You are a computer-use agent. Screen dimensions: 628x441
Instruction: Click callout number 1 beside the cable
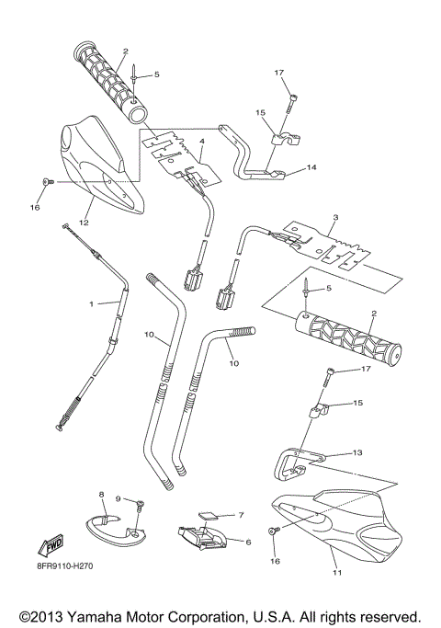[x=92, y=303]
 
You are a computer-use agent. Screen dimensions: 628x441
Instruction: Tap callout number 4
[x=201, y=143]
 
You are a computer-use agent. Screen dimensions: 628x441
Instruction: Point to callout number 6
[x=247, y=542]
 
